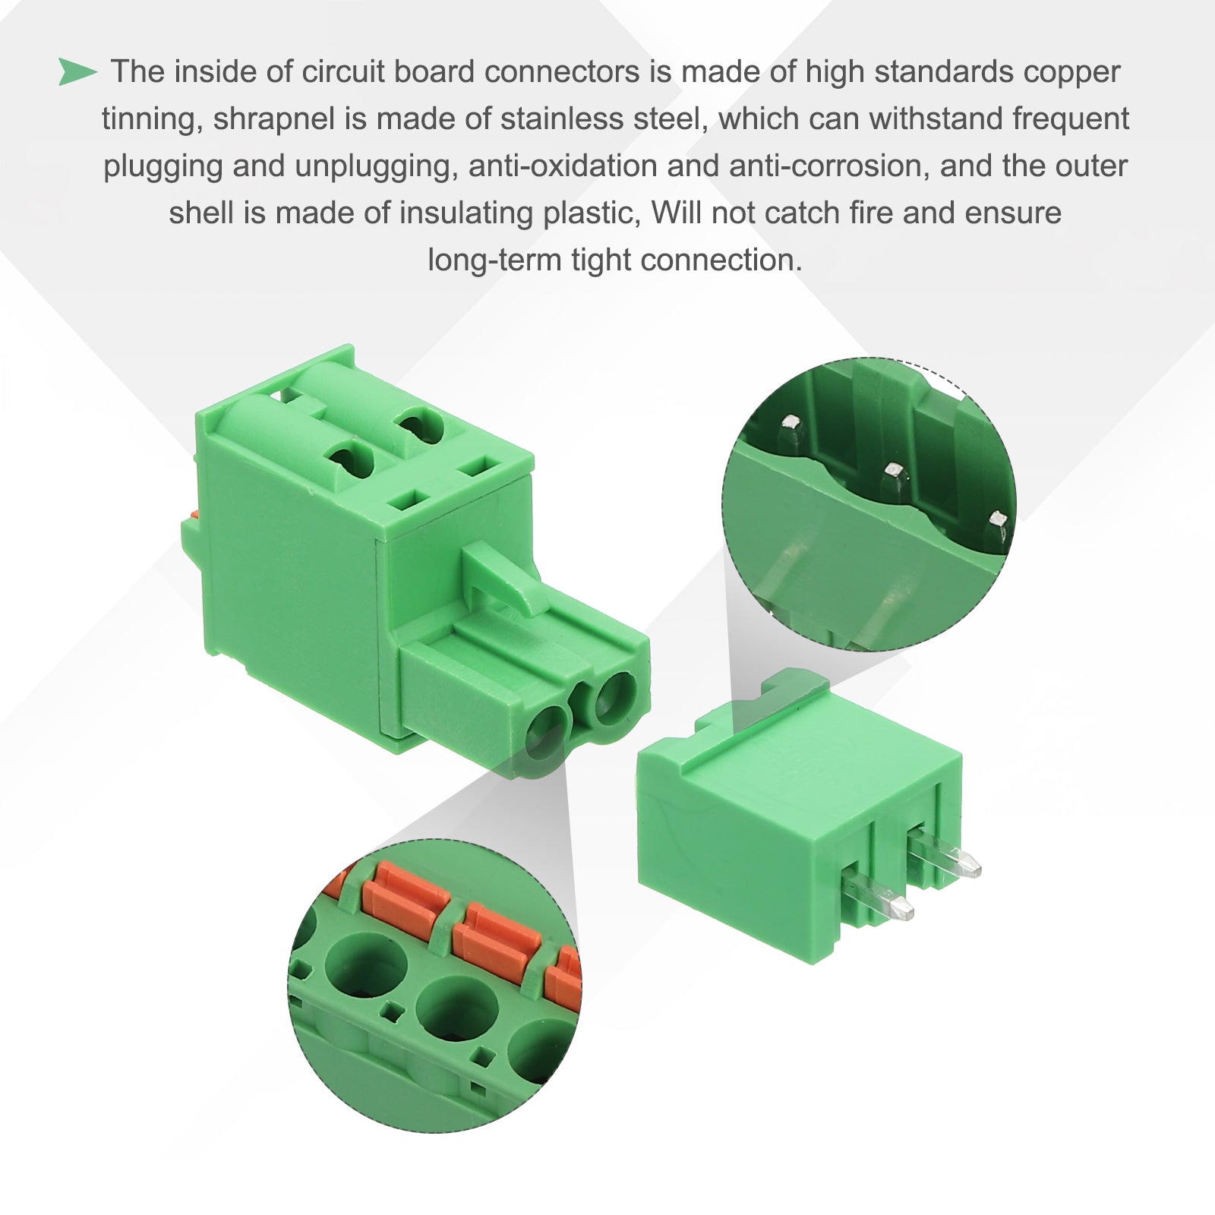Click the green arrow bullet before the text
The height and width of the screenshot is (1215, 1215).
tap(78, 72)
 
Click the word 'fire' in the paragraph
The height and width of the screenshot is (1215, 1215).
tap(871, 213)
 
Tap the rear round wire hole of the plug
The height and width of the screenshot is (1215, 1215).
tap(616, 697)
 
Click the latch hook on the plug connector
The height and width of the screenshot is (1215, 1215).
tap(505, 576)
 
